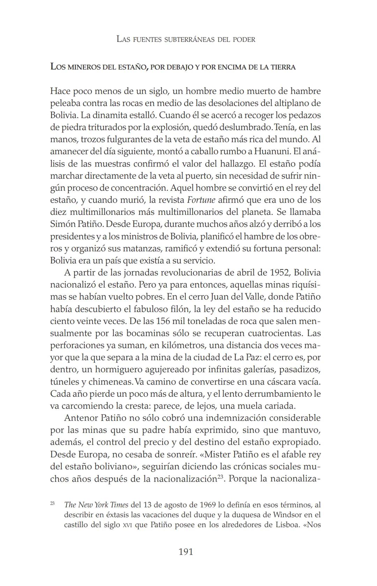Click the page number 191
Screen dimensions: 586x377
click(185, 552)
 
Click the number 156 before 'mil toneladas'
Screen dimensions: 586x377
click(163, 321)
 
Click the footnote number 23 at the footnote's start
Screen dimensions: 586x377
click(52, 503)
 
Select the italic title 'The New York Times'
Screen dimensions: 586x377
click(96, 505)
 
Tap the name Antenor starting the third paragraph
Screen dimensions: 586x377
click(81, 418)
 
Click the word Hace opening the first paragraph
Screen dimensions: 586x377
click(60, 91)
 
